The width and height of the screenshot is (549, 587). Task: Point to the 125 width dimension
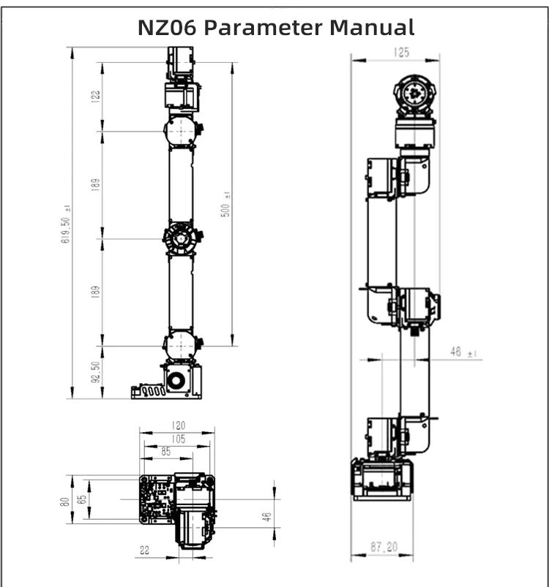click(400, 52)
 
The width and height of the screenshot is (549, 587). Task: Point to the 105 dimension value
click(176, 439)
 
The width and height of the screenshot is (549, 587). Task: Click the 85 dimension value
click(166, 452)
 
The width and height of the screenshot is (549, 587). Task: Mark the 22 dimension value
click(144, 550)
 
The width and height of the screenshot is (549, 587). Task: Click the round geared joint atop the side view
click(416, 95)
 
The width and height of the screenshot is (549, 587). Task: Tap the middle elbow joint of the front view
click(180, 239)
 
